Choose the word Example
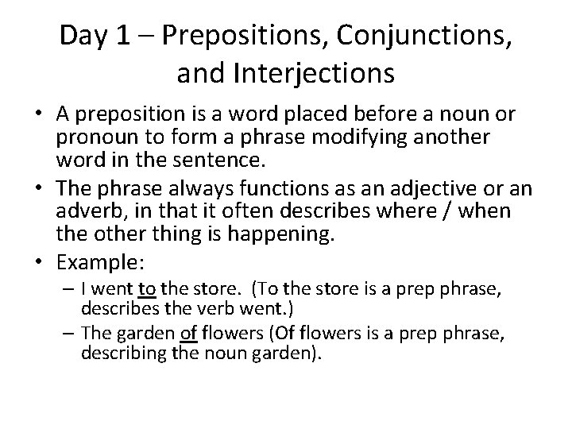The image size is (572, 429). point(91,261)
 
